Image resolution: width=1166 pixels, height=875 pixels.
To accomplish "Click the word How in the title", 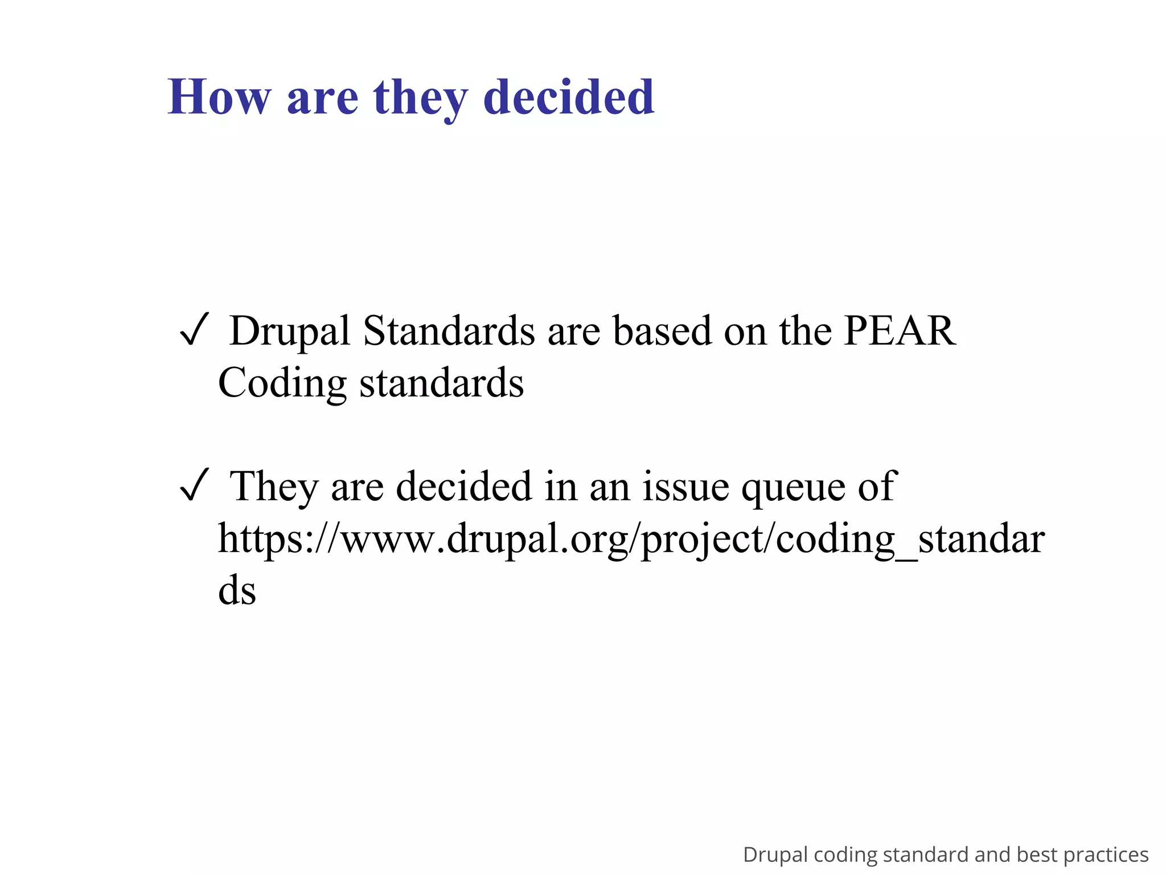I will tap(219, 97).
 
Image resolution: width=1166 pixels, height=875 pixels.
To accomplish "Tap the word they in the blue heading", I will tap(420, 97).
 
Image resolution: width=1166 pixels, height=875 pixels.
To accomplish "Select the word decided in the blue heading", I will tap(569, 97).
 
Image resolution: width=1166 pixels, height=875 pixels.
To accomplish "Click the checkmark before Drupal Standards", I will tap(194, 331).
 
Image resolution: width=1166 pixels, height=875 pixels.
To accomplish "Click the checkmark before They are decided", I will tap(194, 486).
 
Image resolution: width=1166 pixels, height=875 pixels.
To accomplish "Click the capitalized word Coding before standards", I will tap(282, 383).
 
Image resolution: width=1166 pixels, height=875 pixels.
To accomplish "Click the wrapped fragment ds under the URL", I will tap(237, 590).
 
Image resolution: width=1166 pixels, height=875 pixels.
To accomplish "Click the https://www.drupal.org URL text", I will tap(631, 539).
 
